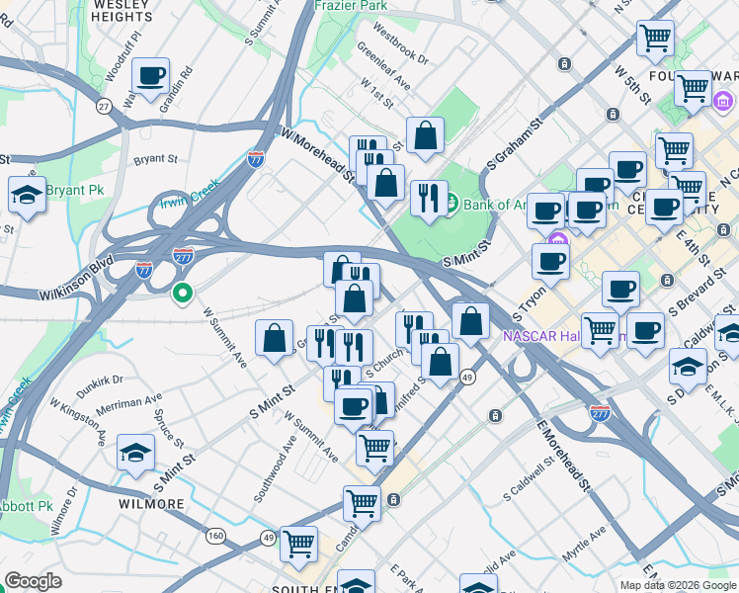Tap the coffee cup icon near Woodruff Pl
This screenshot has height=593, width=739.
pyautogui.click(x=150, y=76)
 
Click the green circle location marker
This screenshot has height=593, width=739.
pyautogui.click(x=182, y=293)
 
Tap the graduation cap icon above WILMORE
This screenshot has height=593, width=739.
pyautogui.click(x=136, y=453)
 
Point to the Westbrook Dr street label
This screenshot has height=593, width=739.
pyautogui.click(x=394, y=52)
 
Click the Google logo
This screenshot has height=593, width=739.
pyautogui.click(x=34, y=581)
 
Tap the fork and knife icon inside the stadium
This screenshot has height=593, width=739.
pyautogui.click(x=427, y=198)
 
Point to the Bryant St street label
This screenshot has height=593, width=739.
pyautogui.click(x=156, y=157)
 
